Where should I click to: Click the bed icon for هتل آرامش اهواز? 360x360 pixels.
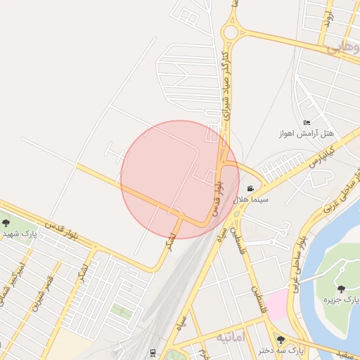pyautogui.click(x=306, y=122)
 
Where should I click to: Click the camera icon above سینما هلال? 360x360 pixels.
pyautogui.click(x=251, y=188)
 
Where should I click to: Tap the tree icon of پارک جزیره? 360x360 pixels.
pyautogui.click(x=341, y=288)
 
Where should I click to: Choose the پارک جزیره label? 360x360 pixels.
pyautogui.click(x=340, y=300)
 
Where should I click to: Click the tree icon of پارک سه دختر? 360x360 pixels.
pyautogui.click(x=281, y=340)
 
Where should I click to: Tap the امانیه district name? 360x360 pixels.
pyautogui.click(x=231, y=338)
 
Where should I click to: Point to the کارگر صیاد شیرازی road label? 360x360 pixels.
pyautogui.click(x=226, y=84)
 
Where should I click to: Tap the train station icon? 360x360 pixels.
pyautogui.click(x=153, y=352)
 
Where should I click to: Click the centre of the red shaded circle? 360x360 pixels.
pyautogui.click(x=180, y=179)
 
